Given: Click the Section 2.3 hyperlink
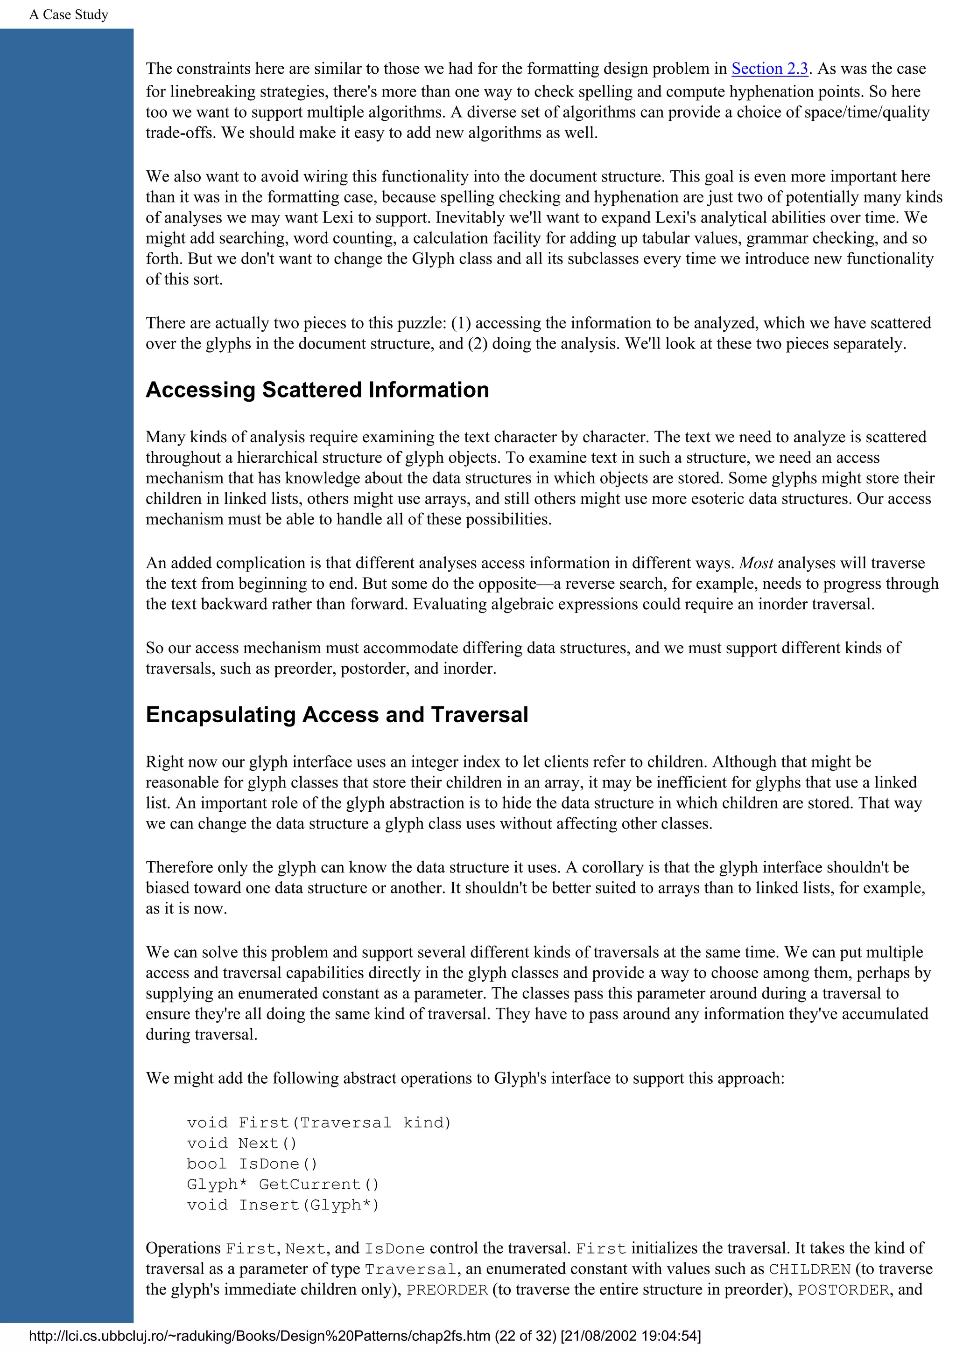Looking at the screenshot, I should point(769,69).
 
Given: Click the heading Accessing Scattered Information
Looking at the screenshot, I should point(317,390).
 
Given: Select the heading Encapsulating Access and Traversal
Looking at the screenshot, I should point(337,714).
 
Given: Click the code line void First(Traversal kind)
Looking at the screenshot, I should point(319,1122).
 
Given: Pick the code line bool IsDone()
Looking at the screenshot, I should point(252,1164).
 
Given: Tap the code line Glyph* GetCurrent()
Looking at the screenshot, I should point(283,1184).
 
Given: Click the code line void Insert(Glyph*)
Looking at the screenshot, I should point(283,1205).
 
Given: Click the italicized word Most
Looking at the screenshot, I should point(756,563).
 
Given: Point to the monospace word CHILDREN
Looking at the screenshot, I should point(809,1269).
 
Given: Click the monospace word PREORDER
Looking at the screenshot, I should point(447,1289).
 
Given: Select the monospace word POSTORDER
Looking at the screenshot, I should point(843,1289).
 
